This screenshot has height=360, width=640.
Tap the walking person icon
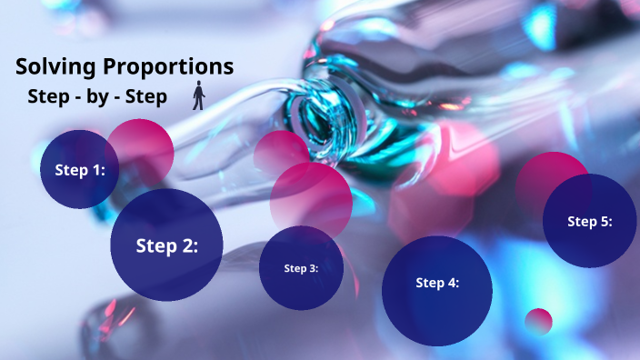point(197,95)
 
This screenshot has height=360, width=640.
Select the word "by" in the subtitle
point(97,96)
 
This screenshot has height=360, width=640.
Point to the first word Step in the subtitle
point(48,96)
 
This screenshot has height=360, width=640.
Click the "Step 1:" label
point(80,170)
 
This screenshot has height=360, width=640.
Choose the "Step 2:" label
point(166,245)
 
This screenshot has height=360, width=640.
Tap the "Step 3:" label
point(301,268)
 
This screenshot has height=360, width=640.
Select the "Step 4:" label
point(437,283)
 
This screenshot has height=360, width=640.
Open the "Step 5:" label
point(589,221)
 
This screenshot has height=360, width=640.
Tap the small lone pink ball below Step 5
point(538,321)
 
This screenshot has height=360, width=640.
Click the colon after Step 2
point(195,246)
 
